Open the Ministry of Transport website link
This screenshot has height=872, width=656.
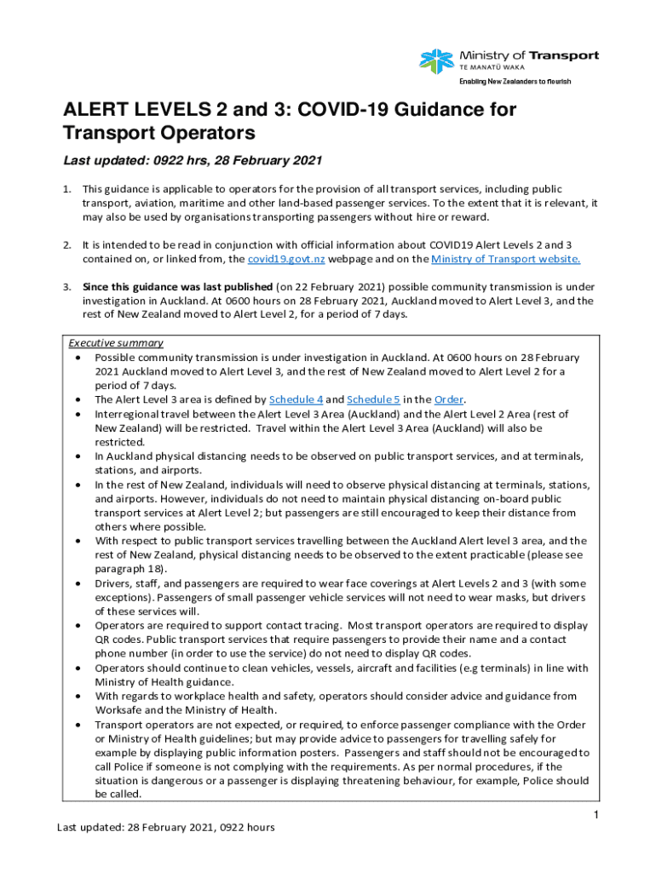[506, 260]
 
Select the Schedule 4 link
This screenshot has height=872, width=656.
[296, 399]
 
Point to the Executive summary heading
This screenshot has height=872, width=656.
[116, 343]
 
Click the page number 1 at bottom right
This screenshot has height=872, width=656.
[598, 816]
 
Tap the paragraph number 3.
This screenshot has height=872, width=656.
[66, 287]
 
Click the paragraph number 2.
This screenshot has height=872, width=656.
[66, 245]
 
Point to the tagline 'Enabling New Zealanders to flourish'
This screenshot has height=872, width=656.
[515, 82]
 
